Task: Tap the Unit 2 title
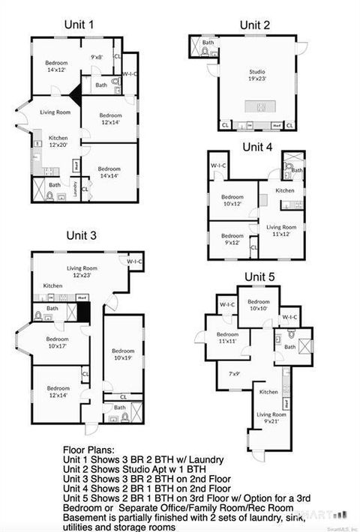[x=255, y=25]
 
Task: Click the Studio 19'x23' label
[x=257, y=76]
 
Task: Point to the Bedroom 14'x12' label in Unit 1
[x=55, y=65]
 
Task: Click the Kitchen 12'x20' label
[x=58, y=142]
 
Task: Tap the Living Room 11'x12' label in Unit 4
[x=282, y=230]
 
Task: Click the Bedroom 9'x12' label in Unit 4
[x=232, y=239]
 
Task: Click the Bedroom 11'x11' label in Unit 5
[x=227, y=338]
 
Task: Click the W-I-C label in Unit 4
[x=218, y=165]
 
